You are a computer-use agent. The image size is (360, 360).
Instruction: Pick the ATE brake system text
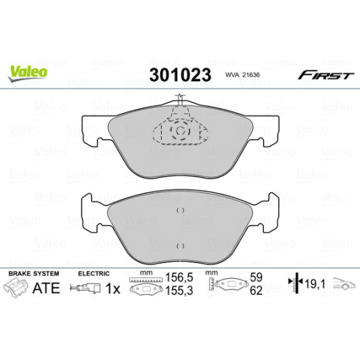pos(46,288)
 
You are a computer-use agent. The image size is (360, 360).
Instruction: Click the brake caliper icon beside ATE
pos(16,288)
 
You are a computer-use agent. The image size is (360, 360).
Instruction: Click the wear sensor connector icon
pos(87,289)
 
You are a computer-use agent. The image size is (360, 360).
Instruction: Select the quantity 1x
pos(114,288)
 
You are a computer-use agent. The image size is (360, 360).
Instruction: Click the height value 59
pos(256,277)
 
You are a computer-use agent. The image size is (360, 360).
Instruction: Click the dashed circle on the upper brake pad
pos(179,130)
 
